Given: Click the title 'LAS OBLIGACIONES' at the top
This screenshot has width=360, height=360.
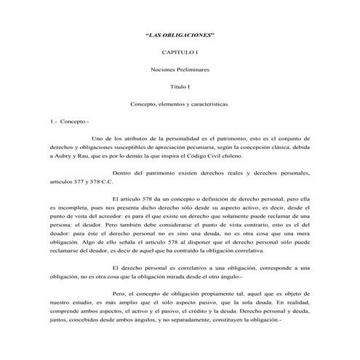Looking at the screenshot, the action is point(180,36).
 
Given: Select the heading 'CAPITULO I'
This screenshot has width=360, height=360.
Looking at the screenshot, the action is point(180,53).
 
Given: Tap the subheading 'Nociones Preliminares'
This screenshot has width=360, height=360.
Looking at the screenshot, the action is point(180,70).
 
